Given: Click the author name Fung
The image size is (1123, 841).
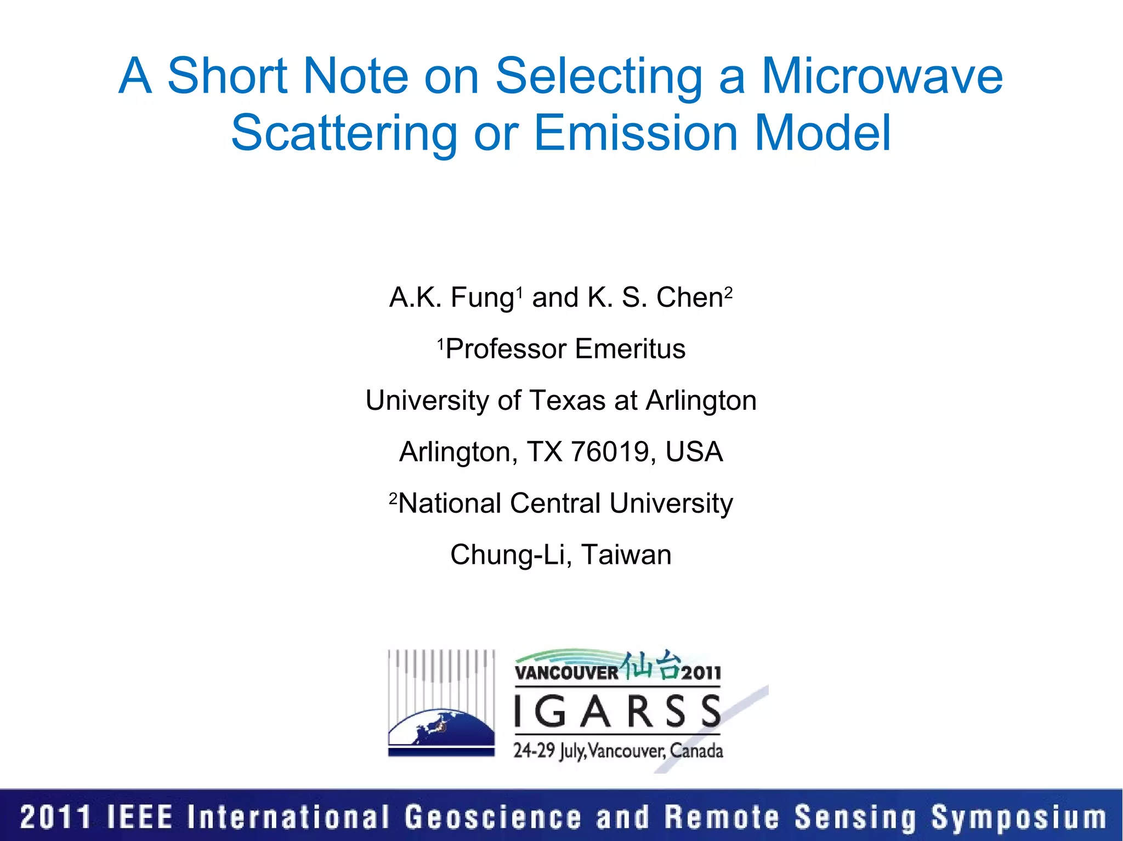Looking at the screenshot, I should click(482, 299).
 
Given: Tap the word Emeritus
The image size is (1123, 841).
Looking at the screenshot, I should click(630, 349).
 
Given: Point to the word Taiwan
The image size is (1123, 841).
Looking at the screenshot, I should click(626, 554).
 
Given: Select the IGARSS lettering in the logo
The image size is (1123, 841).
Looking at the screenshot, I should click(617, 712).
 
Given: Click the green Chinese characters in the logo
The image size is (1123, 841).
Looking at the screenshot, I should click(650, 665).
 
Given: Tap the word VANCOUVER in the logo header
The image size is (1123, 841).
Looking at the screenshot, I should click(566, 673).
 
